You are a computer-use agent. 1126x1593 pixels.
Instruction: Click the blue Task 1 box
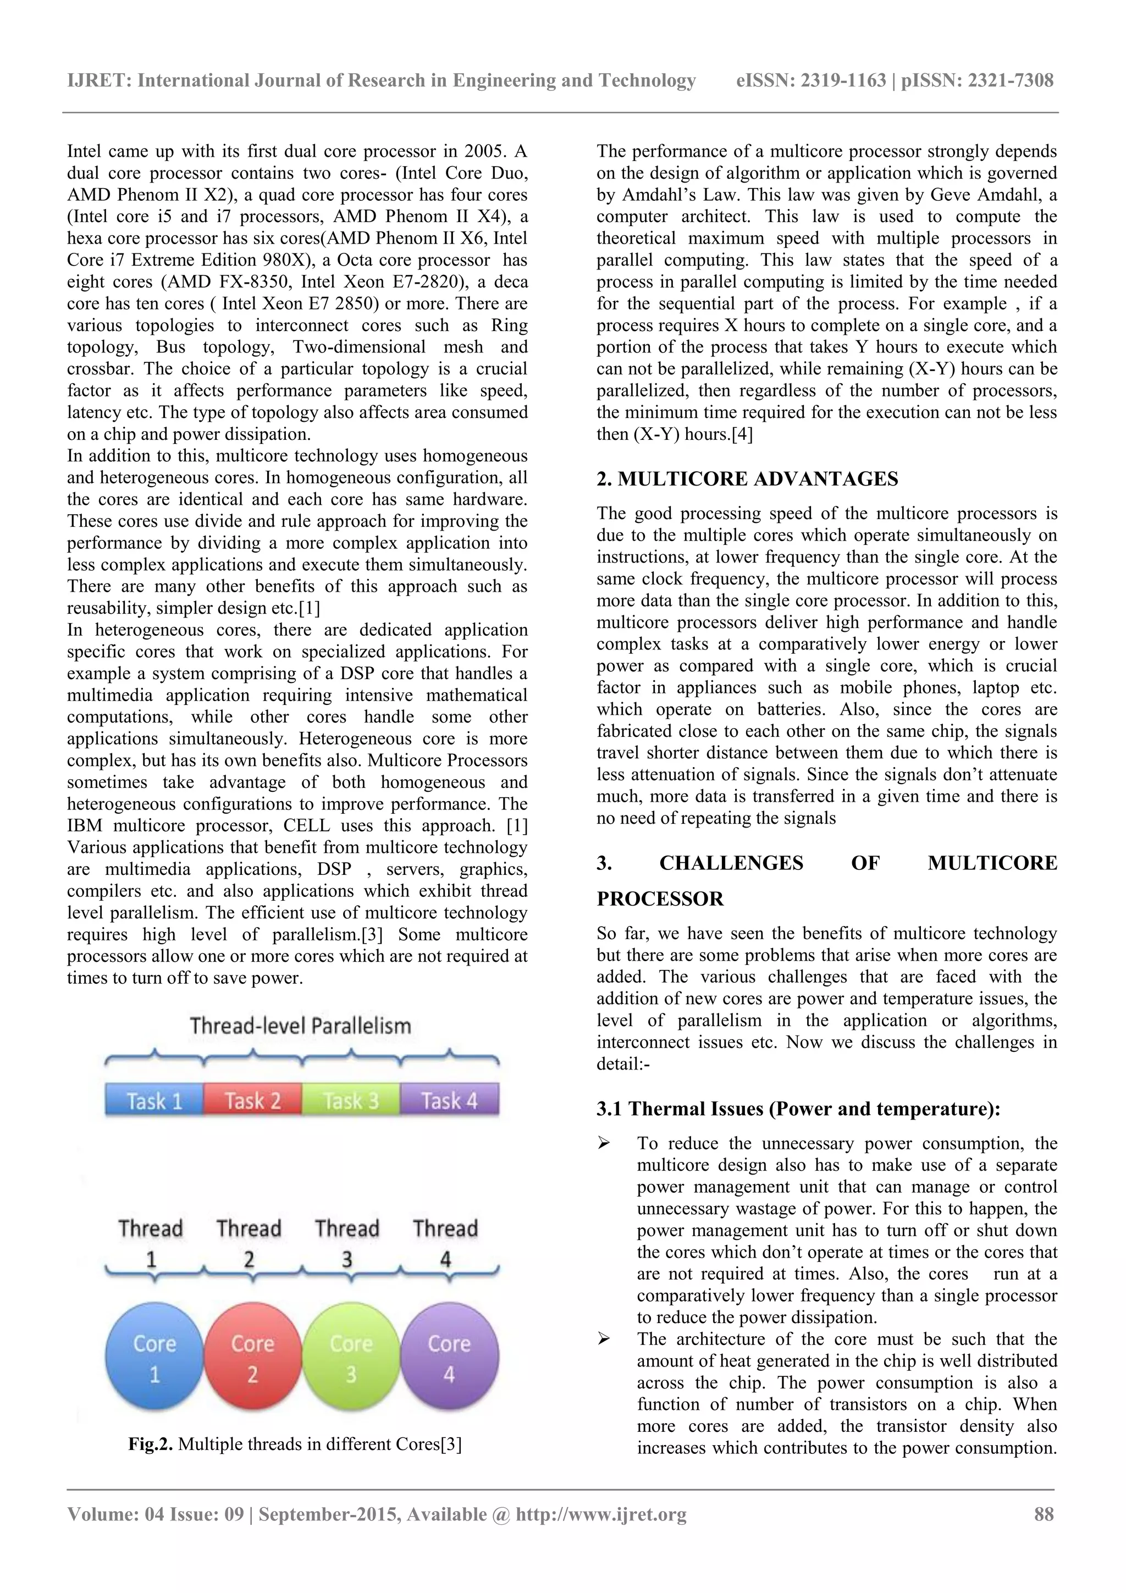click(154, 1100)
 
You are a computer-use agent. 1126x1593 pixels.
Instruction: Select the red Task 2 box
click(252, 1100)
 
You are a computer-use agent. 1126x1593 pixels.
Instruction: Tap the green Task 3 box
click(351, 1100)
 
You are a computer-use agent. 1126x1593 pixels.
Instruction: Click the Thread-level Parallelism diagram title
click(300, 1026)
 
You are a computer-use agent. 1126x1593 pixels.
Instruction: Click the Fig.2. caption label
click(151, 1444)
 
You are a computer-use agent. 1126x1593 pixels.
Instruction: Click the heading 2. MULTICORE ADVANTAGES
click(747, 479)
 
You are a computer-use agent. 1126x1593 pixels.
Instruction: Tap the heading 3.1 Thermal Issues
click(798, 1109)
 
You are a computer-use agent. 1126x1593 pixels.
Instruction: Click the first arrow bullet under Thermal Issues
click(603, 1143)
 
